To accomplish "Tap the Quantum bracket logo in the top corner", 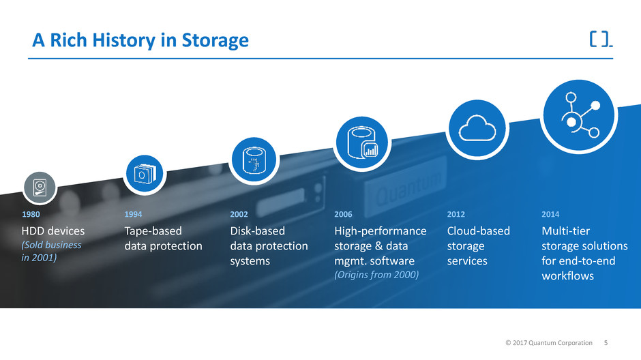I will [600, 40].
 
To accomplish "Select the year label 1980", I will [32, 215].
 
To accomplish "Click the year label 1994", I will [134, 215].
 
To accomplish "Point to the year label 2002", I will [240, 215].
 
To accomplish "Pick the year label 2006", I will [344, 215].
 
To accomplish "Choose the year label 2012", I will [456, 215].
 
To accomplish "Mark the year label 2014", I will [550, 215].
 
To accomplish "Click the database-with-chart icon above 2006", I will [361, 142].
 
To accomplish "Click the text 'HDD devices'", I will [54, 231].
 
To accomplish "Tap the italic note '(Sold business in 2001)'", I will [52, 251].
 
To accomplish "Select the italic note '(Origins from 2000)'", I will [376, 274].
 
